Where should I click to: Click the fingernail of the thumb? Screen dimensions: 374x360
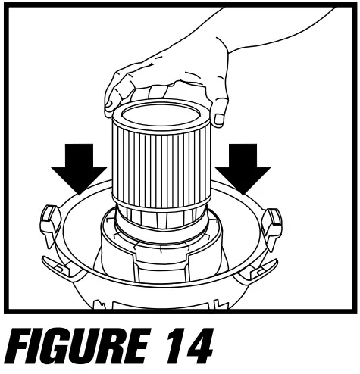[218, 118]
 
